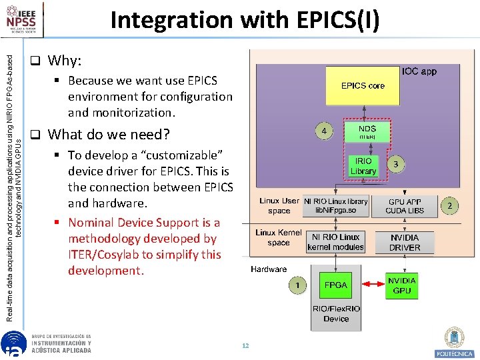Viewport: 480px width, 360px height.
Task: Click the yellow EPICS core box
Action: tap(363, 85)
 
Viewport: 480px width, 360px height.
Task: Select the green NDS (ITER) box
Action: tap(367, 131)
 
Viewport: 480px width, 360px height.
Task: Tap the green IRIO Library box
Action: tap(363, 166)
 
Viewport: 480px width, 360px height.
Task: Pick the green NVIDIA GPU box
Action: tap(402, 285)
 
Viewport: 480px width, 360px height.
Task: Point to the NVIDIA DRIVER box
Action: tap(405, 242)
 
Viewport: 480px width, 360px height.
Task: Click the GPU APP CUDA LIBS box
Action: tap(405, 206)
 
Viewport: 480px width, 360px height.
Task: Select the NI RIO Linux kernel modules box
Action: tap(335, 241)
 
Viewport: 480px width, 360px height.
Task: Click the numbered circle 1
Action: tap(297, 285)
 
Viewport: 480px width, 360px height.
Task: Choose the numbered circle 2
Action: tap(450, 206)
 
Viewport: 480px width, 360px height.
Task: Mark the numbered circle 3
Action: tap(396, 163)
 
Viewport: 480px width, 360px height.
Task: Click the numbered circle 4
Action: tap(324, 131)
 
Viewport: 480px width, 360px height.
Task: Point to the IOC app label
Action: tap(419, 71)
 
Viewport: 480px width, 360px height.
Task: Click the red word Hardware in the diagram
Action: tap(269, 269)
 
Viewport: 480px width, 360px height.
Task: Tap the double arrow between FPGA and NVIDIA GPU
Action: tap(369, 285)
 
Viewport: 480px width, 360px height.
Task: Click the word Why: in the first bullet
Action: tap(65, 61)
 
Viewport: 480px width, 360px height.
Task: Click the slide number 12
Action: tap(245, 346)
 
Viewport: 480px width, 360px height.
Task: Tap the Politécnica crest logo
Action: tap(454, 341)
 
